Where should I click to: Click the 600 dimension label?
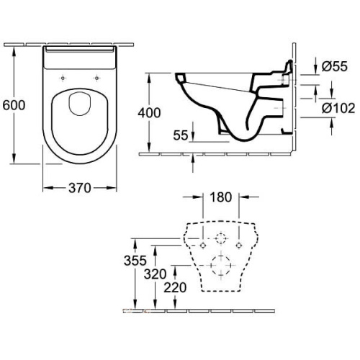14,105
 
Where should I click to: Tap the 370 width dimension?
80,188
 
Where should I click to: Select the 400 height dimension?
149,112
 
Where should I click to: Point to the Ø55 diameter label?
334,66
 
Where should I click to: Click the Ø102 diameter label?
338,108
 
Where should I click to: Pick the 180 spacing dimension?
221,197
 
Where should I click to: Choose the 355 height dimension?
135,261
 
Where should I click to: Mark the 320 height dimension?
155,274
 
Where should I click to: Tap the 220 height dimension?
175,287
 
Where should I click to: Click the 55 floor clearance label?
181,135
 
